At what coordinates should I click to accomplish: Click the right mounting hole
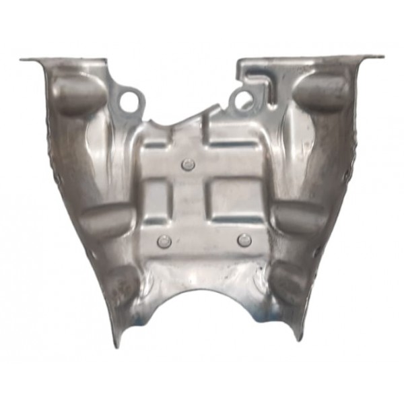(x=240, y=101)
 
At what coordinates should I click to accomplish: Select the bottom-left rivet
(x=162, y=240)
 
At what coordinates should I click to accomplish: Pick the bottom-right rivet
(x=244, y=239)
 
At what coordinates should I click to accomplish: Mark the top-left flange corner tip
(x=22, y=59)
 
